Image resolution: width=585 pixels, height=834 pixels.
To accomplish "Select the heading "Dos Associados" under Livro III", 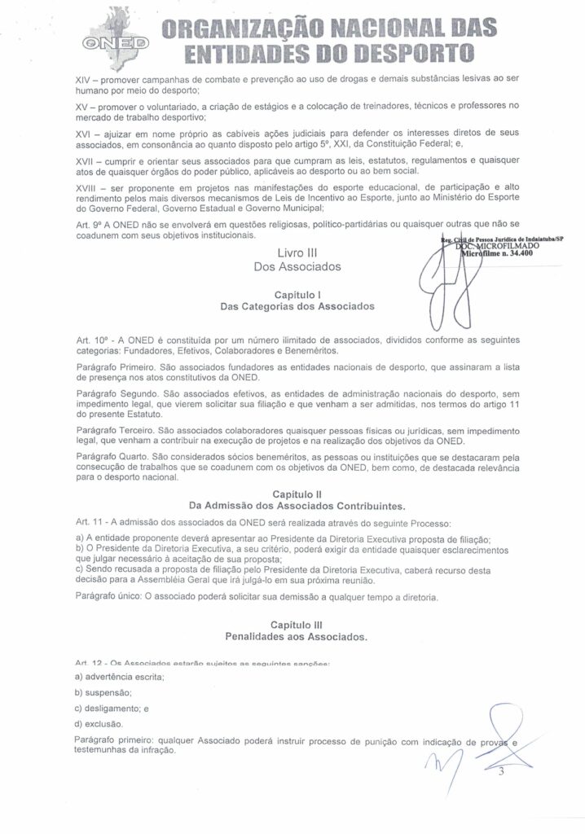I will click(x=296, y=266).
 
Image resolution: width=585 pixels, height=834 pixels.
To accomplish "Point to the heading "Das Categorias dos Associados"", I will click(x=297, y=307).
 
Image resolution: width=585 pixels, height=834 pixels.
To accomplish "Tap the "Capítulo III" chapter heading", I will click(x=297, y=623).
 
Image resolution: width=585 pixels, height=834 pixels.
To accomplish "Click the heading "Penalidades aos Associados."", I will click(x=297, y=635).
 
